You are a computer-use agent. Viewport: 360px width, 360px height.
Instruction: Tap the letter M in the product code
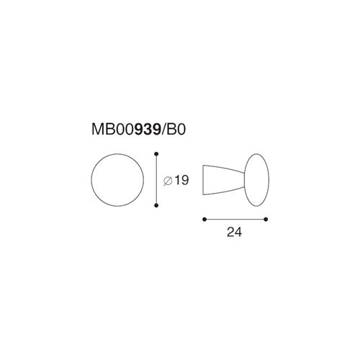tap(97, 130)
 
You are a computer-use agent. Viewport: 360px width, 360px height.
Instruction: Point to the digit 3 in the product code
tap(148, 130)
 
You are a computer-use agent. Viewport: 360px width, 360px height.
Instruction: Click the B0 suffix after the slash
tap(176, 130)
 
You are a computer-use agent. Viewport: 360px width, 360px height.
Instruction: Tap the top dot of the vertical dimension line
tap(156, 153)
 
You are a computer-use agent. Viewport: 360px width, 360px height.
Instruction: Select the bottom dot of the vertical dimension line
tap(156, 205)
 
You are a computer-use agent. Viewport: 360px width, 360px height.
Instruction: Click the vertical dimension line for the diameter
tap(156, 179)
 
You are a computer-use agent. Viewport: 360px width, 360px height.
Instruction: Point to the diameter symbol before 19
tap(168, 181)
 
